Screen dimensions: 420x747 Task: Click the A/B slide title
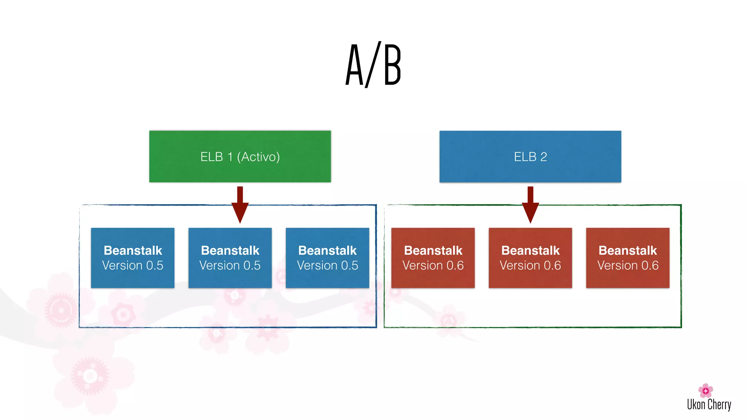(x=373, y=65)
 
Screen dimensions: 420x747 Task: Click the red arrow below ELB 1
(x=240, y=206)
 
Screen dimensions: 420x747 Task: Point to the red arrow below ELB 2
(x=530, y=206)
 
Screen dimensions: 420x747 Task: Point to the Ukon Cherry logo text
(x=709, y=405)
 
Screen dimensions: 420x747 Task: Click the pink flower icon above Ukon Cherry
(x=705, y=390)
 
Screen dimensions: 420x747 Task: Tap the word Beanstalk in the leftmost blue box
(x=133, y=250)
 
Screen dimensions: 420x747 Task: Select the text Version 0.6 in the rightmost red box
(x=628, y=265)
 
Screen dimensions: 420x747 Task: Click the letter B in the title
(x=392, y=65)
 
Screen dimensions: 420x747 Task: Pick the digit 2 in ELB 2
(x=543, y=157)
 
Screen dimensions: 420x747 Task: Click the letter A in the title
(x=355, y=65)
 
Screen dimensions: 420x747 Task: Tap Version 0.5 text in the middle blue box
(x=230, y=265)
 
